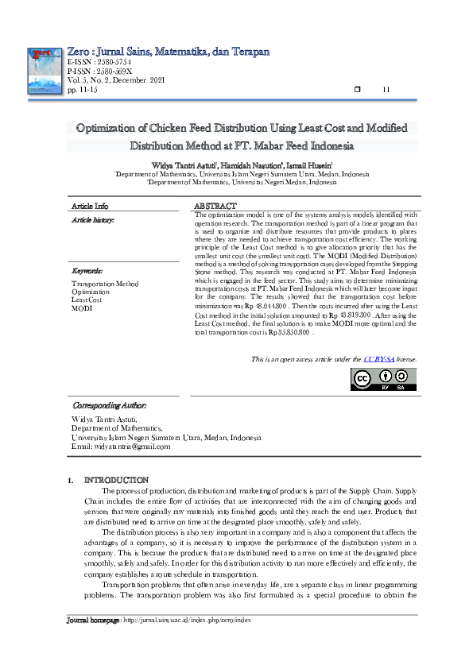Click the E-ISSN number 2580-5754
point(99,61)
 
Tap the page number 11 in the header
point(387,89)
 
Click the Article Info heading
point(90,206)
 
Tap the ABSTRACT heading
point(215,206)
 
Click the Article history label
point(93,218)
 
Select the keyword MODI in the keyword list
point(81,307)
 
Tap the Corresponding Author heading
point(109,405)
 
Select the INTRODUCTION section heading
point(116,480)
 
